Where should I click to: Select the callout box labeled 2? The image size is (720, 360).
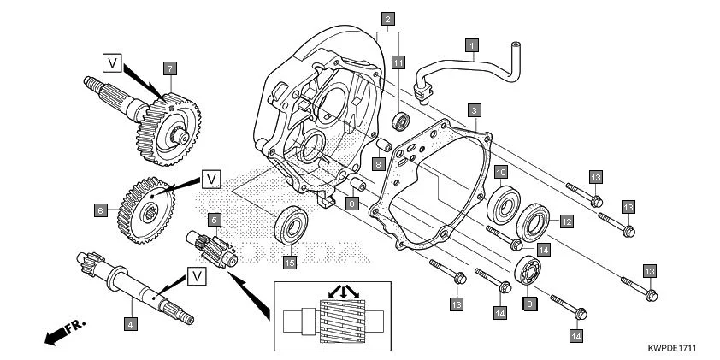coord(388,19)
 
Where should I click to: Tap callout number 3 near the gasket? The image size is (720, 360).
coord(473,110)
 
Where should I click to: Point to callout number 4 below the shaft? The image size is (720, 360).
coord(129,324)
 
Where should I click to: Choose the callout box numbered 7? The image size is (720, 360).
coord(170,68)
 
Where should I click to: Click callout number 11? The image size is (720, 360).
coord(398,62)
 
